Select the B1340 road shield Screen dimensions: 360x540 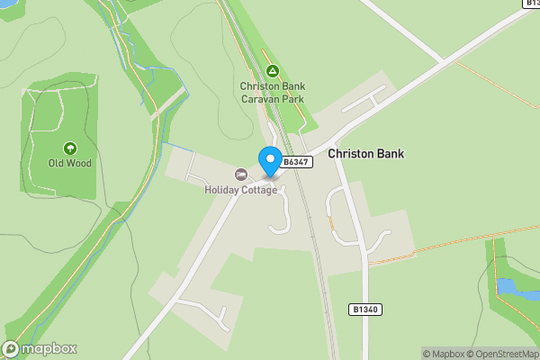tap(364, 309)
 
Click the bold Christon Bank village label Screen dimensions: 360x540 tap(365, 154)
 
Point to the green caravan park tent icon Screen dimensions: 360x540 tap(273, 70)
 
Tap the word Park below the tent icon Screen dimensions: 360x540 tap(292, 99)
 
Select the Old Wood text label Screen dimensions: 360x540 tap(70, 164)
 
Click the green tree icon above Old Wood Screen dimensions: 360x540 tap(70, 148)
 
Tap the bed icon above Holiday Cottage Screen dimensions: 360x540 tap(240, 174)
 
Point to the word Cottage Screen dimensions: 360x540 tap(259, 189)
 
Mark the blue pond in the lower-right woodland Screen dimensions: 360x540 tap(507, 286)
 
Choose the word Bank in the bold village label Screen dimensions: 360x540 tap(389, 154)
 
